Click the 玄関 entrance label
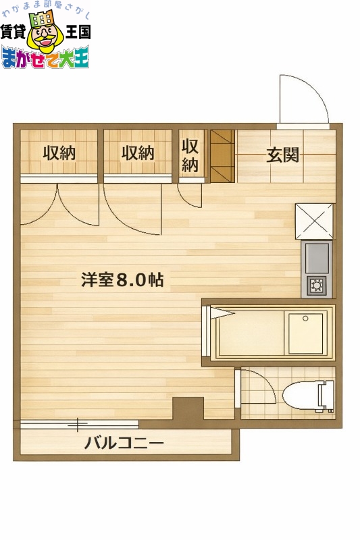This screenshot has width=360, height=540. coord(282,155)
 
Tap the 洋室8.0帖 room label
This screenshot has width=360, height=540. coord(122,280)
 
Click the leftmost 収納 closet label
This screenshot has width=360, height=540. coord(59,153)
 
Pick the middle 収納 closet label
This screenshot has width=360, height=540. coord(138,153)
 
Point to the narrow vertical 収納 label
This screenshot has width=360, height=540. coord(190,155)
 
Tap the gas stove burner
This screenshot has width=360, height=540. coord(316,286)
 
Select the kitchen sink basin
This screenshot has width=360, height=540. coord(316,257)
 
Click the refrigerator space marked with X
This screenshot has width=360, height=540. coord(315,220)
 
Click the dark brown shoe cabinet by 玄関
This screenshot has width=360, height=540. coord(222,156)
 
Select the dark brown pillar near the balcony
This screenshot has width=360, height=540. coord(188,408)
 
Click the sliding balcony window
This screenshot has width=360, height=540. coord(79,424)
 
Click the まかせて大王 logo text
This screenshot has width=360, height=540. coord(45,58)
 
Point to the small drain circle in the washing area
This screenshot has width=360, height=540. coord(305,318)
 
